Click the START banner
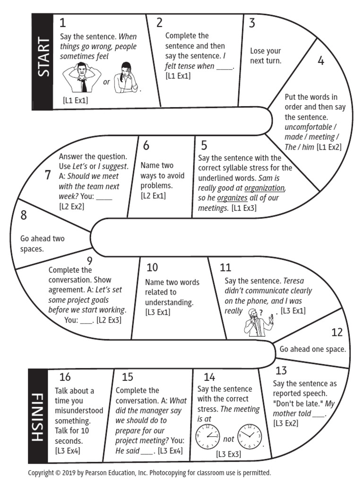coord(43,62)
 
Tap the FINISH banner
coord(38,415)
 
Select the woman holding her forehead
coord(126,77)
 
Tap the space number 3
coord(252,23)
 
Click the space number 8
coord(23,216)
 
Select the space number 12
coord(337,332)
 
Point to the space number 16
coord(65,377)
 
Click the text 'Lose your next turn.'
coord(266,56)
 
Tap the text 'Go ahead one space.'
coord(312,350)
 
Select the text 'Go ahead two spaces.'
coord(43,243)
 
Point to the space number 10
coord(152,267)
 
